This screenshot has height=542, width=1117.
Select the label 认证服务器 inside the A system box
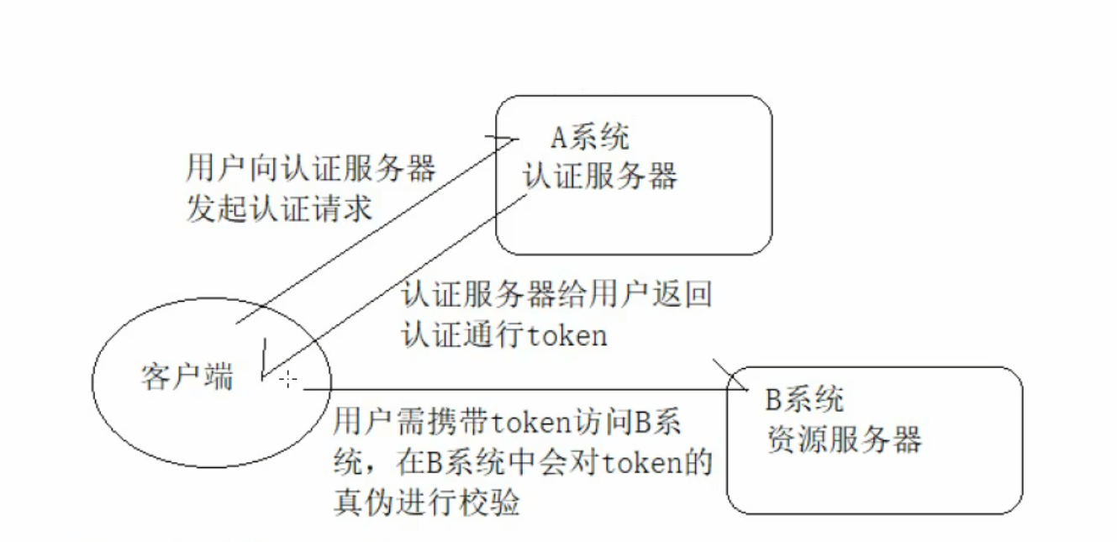(x=600, y=176)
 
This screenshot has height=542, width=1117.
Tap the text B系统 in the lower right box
(x=804, y=400)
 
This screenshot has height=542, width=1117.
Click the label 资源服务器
(x=844, y=439)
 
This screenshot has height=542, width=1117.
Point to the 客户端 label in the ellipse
(x=187, y=378)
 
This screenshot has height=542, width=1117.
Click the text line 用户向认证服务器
(x=311, y=169)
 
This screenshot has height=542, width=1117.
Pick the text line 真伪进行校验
(x=426, y=503)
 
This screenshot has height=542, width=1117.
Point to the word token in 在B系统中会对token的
(x=636, y=462)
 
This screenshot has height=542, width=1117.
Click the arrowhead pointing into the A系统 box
(x=505, y=139)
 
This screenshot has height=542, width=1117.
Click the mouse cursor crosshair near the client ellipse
(x=288, y=380)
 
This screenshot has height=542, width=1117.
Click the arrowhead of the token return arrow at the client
(x=266, y=370)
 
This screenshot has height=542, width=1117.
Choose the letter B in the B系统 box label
(x=774, y=400)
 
